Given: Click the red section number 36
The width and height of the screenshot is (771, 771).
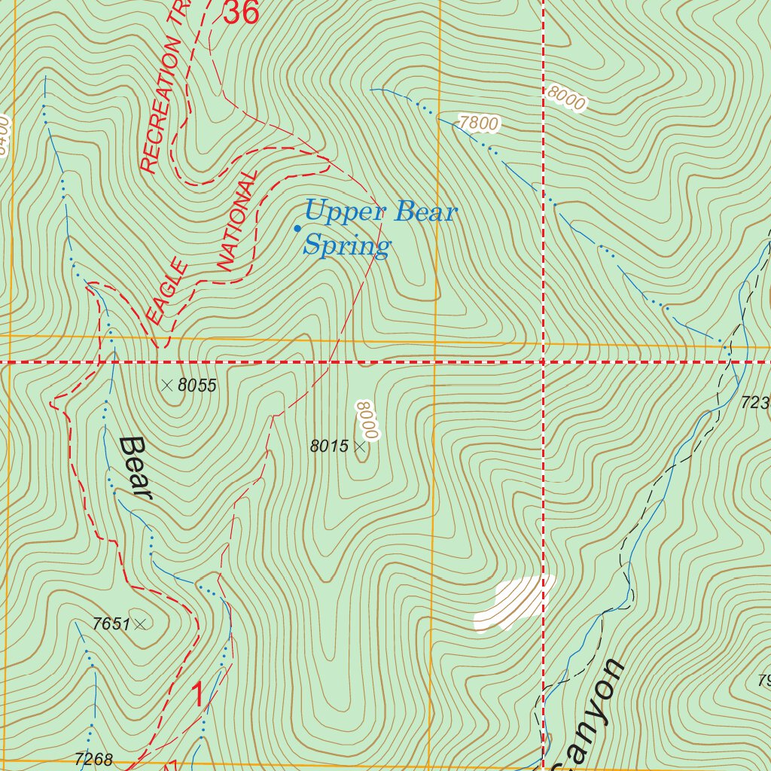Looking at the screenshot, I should (242, 12).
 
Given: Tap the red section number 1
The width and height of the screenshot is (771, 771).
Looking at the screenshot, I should (198, 694).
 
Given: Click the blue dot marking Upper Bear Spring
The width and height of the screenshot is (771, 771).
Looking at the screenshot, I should (297, 228).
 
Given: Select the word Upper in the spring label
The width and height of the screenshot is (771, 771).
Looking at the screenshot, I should (344, 212).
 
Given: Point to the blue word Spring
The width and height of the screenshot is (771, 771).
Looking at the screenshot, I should (347, 245).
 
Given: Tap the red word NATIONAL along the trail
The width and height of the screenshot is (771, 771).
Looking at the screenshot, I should (238, 220).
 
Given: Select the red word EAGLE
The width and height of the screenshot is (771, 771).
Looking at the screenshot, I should (167, 291).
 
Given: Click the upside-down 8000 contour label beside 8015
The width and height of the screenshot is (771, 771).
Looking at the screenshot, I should (367, 420).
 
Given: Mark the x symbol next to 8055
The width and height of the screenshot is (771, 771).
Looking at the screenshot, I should (166, 385).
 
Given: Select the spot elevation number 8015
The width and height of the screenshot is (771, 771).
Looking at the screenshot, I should (329, 446).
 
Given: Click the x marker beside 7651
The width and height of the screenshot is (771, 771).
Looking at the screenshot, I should (140, 623).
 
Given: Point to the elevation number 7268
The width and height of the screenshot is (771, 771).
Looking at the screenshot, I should (93, 760).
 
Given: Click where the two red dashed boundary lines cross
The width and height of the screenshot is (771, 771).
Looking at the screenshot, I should (543, 362).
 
